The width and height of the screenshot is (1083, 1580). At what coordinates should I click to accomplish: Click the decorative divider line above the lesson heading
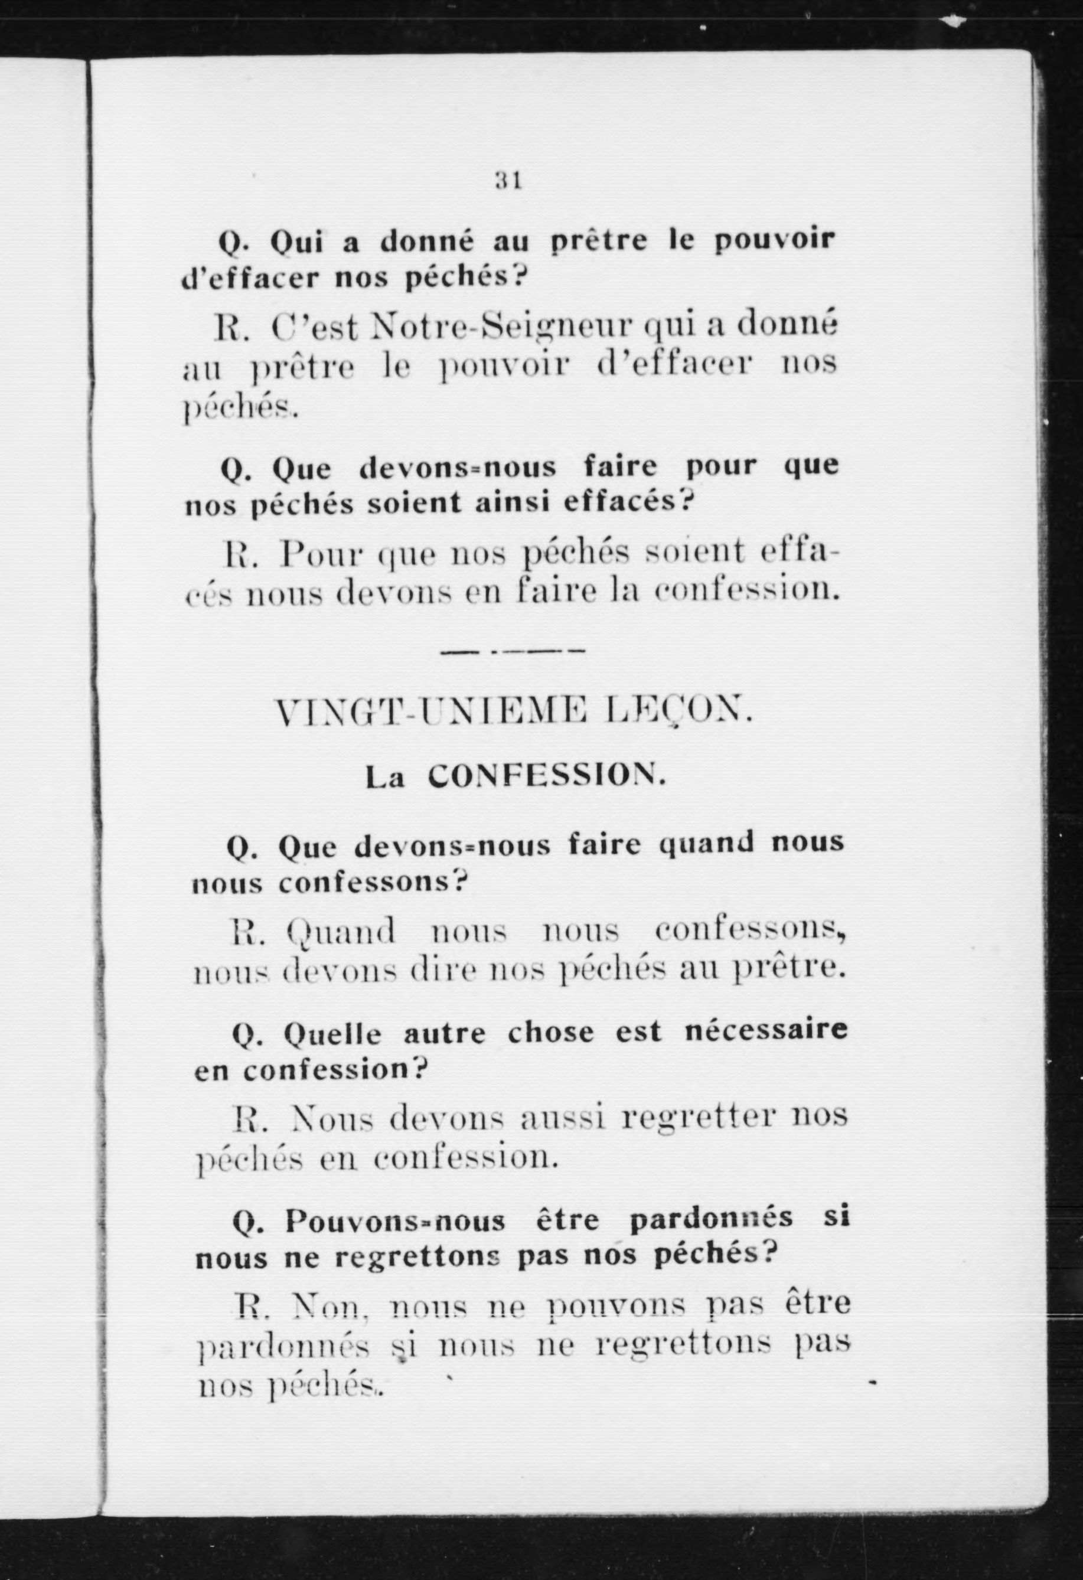(x=513, y=652)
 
